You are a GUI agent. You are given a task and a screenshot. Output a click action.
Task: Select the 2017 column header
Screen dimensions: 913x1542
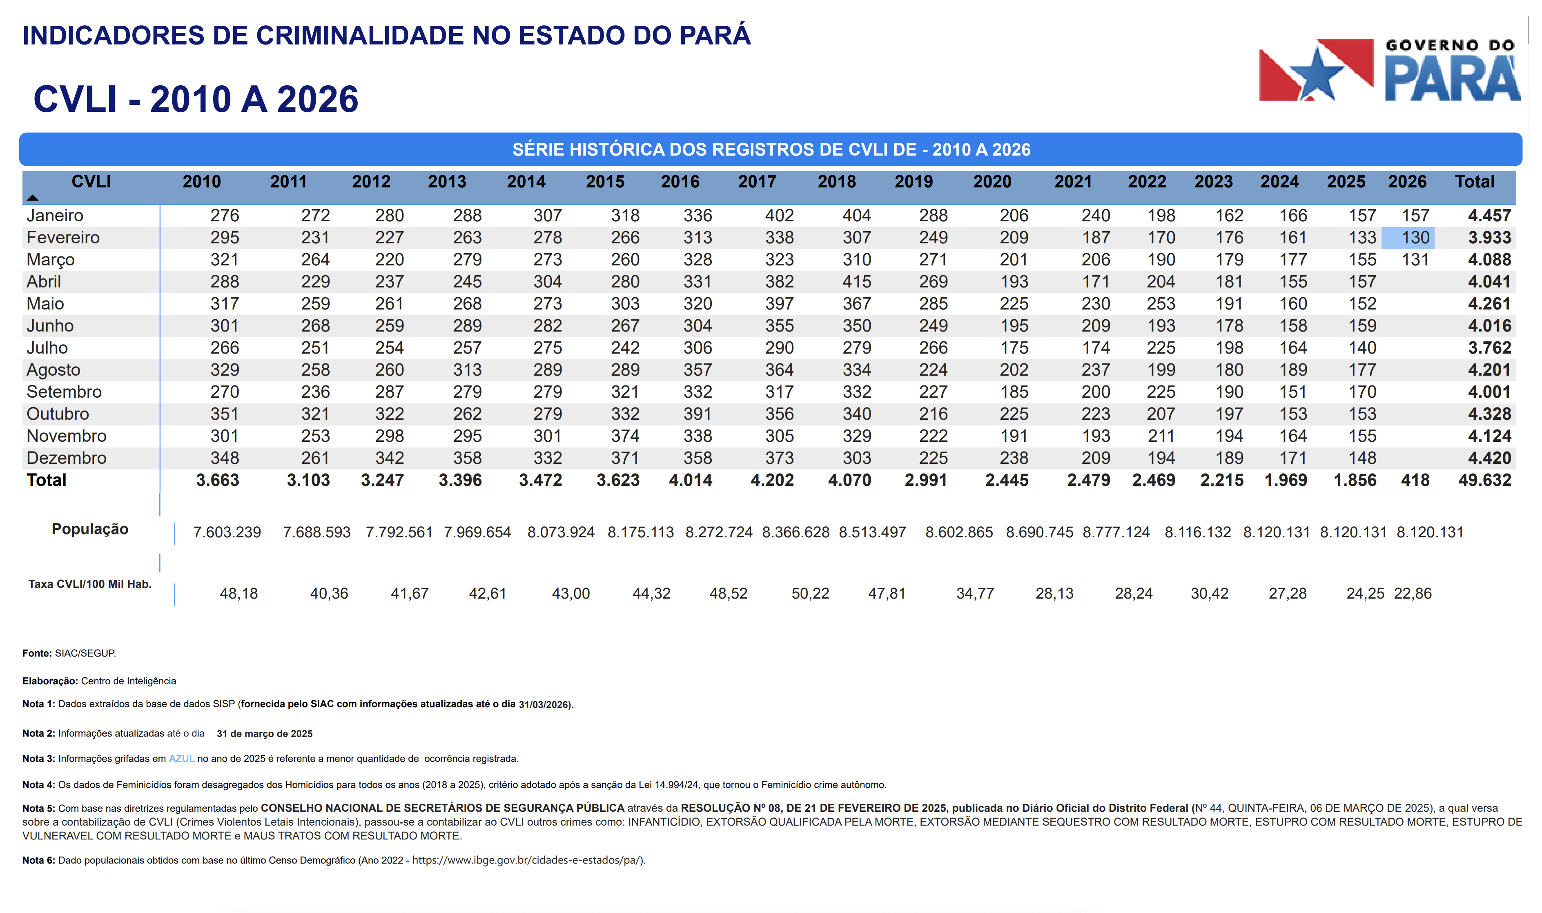coord(757,181)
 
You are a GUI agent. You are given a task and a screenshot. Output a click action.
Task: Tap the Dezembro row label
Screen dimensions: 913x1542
coord(67,458)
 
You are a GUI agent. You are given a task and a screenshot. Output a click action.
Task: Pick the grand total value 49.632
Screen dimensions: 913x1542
coord(1484,480)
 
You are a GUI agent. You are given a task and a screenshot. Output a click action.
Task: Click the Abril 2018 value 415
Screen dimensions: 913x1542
coord(856,282)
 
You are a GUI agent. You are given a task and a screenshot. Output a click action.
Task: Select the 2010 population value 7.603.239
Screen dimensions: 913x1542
coord(227,532)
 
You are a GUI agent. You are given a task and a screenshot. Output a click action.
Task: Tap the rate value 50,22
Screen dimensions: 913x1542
coord(810,594)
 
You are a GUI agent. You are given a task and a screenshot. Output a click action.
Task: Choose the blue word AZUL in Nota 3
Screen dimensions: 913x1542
coord(182,759)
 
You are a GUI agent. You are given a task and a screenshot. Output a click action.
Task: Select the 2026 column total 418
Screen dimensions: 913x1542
coord(1415,480)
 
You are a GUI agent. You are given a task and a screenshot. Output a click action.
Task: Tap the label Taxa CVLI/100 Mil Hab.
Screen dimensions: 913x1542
coord(90,584)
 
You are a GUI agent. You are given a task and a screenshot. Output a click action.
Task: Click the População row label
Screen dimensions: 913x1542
coord(90,529)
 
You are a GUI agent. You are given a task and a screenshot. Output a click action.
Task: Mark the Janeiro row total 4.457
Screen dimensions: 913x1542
coord(1489,215)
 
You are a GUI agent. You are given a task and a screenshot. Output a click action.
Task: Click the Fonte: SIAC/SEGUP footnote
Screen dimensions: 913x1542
coord(69,653)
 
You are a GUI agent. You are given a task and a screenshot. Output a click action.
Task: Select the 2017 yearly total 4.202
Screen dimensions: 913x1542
coord(772,480)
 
